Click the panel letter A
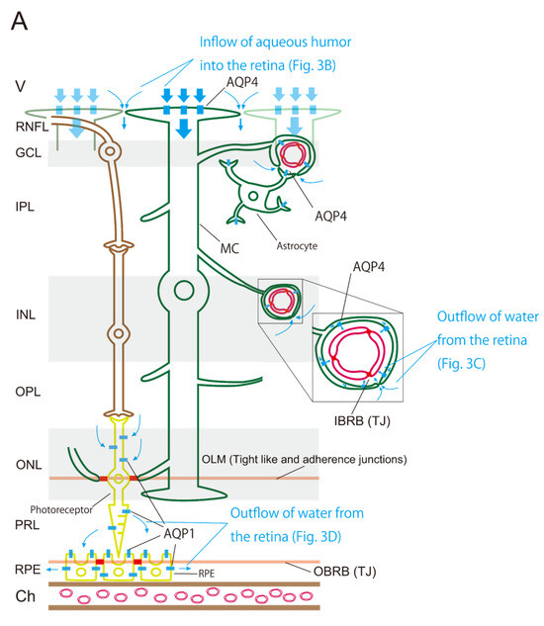(19, 22)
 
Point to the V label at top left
(19, 87)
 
